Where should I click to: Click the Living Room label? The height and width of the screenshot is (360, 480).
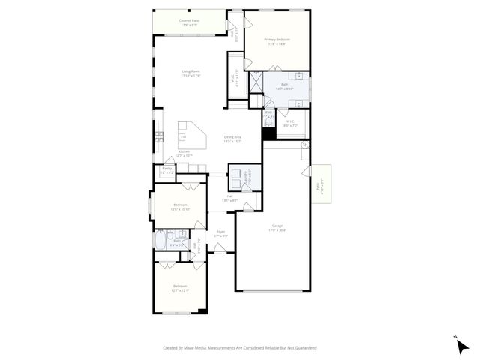(x=190, y=71)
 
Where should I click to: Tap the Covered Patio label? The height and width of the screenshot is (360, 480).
(x=189, y=20)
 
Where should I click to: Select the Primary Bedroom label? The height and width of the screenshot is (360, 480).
(x=277, y=39)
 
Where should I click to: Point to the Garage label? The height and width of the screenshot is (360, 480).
(x=277, y=225)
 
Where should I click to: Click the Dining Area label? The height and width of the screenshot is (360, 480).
(x=232, y=137)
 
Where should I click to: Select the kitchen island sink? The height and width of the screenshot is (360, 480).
(x=182, y=137)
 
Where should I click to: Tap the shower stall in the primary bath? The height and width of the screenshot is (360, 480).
(x=256, y=82)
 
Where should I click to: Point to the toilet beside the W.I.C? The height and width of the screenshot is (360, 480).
(x=268, y=121)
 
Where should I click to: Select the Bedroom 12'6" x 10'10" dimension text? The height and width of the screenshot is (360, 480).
(x=180, y=209)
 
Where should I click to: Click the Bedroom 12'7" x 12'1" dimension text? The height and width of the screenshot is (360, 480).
(x=180, y=289)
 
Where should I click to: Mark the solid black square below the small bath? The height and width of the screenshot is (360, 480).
(x=267, y=134)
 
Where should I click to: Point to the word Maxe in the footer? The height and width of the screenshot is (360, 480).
(x=194, y=348)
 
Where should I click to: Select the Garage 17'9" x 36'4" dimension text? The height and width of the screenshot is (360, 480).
(x=277, y=229)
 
